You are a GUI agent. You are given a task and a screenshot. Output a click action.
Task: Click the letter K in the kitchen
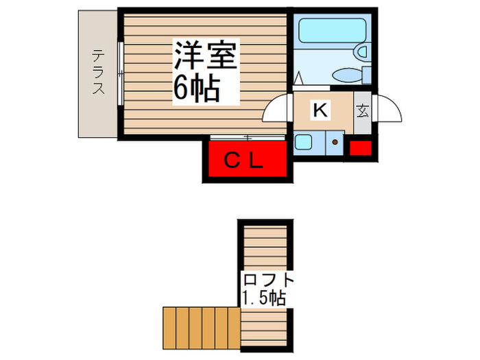tap(320, 109)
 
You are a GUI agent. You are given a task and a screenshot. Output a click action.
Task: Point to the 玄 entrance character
tap(362, 110)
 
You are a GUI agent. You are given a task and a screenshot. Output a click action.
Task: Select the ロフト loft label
tap(267, 280)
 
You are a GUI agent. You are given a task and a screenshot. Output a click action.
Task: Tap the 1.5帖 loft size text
tap(263, 298)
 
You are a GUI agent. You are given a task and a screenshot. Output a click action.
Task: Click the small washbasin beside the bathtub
tap(361, 52)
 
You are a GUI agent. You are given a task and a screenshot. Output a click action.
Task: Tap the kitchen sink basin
tap(302, 143)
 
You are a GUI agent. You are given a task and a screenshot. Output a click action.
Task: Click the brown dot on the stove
tap(335, 143)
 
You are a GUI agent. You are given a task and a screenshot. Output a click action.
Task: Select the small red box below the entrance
tap(361, 147)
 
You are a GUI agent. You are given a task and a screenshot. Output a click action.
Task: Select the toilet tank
tap(367, 75)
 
